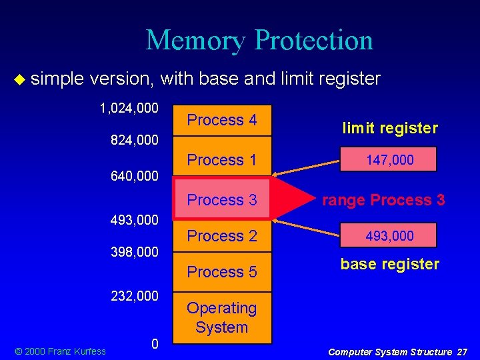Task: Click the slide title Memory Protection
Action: coord(259,40)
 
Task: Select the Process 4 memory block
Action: coord(222,121)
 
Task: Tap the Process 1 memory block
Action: coord(222,160)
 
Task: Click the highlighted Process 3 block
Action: coord(222,199)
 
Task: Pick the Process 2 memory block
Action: coord(222,236)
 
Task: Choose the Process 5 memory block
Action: coord(222,272)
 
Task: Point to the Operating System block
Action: coord(222,317)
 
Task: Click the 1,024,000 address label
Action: coord(129,108)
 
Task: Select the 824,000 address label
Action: coord(134,141)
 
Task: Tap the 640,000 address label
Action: coord(134,177)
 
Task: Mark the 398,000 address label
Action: coord(134,252)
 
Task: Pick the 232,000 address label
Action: coord(134,295)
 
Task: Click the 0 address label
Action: coord(155,344)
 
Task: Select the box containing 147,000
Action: coord(390,160)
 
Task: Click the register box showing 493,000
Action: coord(390,236)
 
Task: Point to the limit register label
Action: coord(390,129)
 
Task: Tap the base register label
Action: coord(390,264)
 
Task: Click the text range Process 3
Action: coord(383,200)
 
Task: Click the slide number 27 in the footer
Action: coord(462,351)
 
